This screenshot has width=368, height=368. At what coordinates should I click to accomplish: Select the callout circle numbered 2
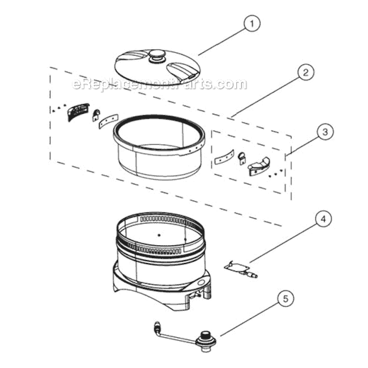coord(305,73)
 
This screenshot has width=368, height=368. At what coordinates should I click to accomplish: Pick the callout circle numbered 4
coord(322,220)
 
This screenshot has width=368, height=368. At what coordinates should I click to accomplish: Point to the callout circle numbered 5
coord(284,299)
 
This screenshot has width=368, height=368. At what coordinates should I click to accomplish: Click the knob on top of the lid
coord(157,56)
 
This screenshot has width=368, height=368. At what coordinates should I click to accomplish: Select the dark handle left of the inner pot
coord(78,111)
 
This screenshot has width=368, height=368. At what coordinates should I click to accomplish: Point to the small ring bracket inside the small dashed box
coord(242,158)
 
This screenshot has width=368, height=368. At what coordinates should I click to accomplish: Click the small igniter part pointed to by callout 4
coord(240,269)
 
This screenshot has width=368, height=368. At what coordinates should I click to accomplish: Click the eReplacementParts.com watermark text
coord(159,84)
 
